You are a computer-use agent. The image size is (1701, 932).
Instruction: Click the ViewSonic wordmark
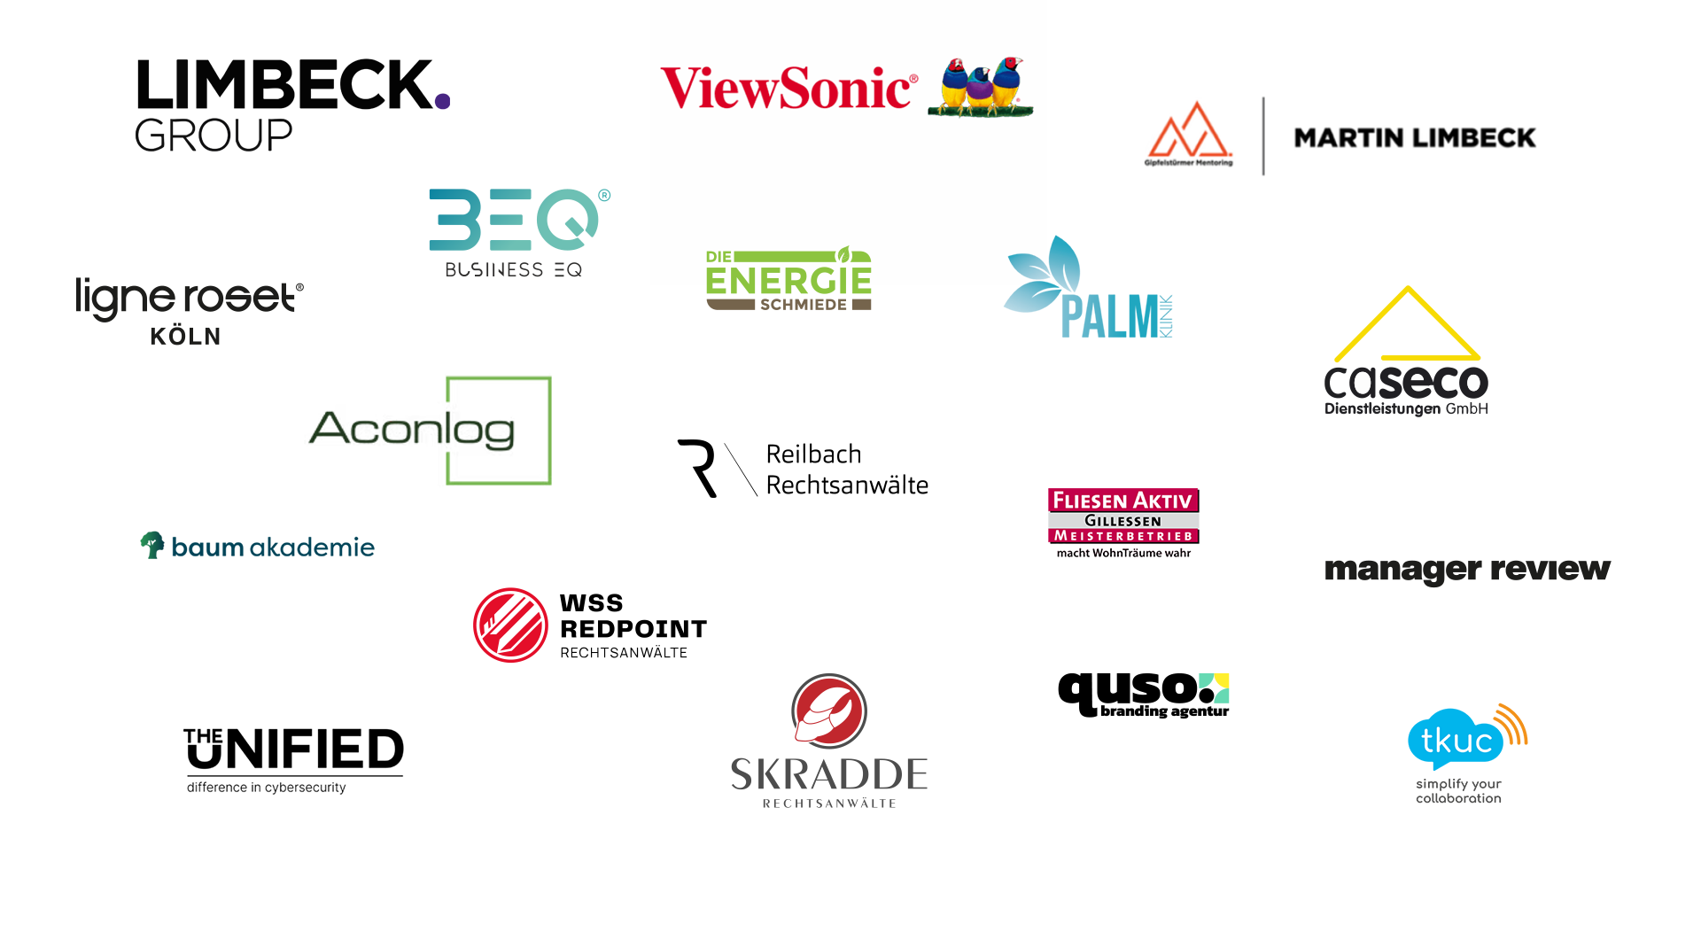pyautogui.click(x=788, y=89)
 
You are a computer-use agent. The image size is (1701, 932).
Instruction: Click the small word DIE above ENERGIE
pyautogui.click(x=718, y=257)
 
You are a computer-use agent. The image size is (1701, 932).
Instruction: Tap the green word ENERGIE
pyautogui.click(x=788, y=280)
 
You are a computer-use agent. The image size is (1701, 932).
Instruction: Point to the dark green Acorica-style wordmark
pyautogui.click(x=412, y=430)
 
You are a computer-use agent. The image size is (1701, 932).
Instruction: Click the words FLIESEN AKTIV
pyautogui.click(x=1122, y=501)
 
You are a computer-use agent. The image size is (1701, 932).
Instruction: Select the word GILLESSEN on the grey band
pyautogui.click(x=1122, y=521)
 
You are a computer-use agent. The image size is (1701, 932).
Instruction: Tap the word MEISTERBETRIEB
pyautogui.click(x=1122, y=536)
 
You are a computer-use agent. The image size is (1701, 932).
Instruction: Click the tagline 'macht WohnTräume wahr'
pyautogui.click(x=1122, y=553)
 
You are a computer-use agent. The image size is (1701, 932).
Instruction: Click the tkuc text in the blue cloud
pyautogui.click(x=1456, y=741)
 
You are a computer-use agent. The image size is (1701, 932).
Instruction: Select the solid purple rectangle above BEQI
pyautogui.click(x=528, y=140)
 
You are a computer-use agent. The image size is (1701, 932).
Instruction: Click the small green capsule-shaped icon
pyautogui.click(x=152, y=548)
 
